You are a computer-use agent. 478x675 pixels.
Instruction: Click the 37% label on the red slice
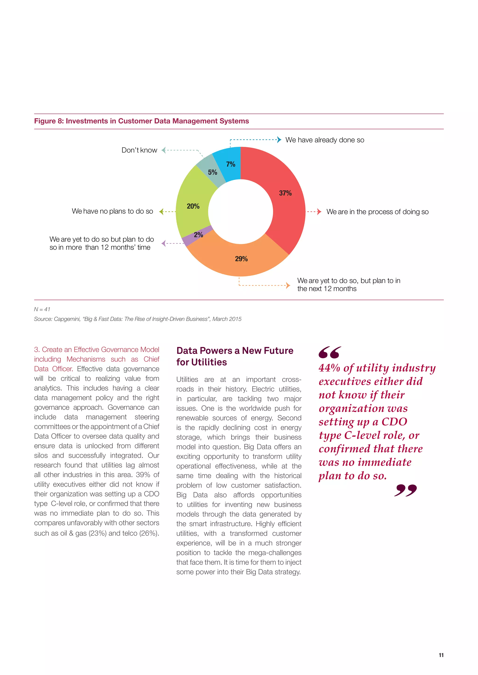click(x=285, y=193)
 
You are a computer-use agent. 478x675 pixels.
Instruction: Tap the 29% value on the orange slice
click(x=241, y=259)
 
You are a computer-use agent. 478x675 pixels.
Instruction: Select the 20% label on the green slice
click(x=193, y=206)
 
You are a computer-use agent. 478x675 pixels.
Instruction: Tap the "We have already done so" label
click(x=325, y=140)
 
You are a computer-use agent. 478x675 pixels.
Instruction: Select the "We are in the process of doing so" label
click(x=377, y=212)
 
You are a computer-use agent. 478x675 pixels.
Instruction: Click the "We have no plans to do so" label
click(x=112, y=211)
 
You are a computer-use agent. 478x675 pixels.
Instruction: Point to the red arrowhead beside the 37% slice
click(x=319, y=212)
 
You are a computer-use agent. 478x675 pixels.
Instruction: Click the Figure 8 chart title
click(x=141, y=121)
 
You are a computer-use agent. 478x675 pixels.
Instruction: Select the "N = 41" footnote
click(x=42, y=309)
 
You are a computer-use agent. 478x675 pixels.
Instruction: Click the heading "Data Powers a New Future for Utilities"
click(x=235, y=356)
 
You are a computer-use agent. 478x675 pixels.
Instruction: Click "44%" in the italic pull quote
click(x=329, y=368)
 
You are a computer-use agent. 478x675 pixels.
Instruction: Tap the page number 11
click(x=441, y=655)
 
